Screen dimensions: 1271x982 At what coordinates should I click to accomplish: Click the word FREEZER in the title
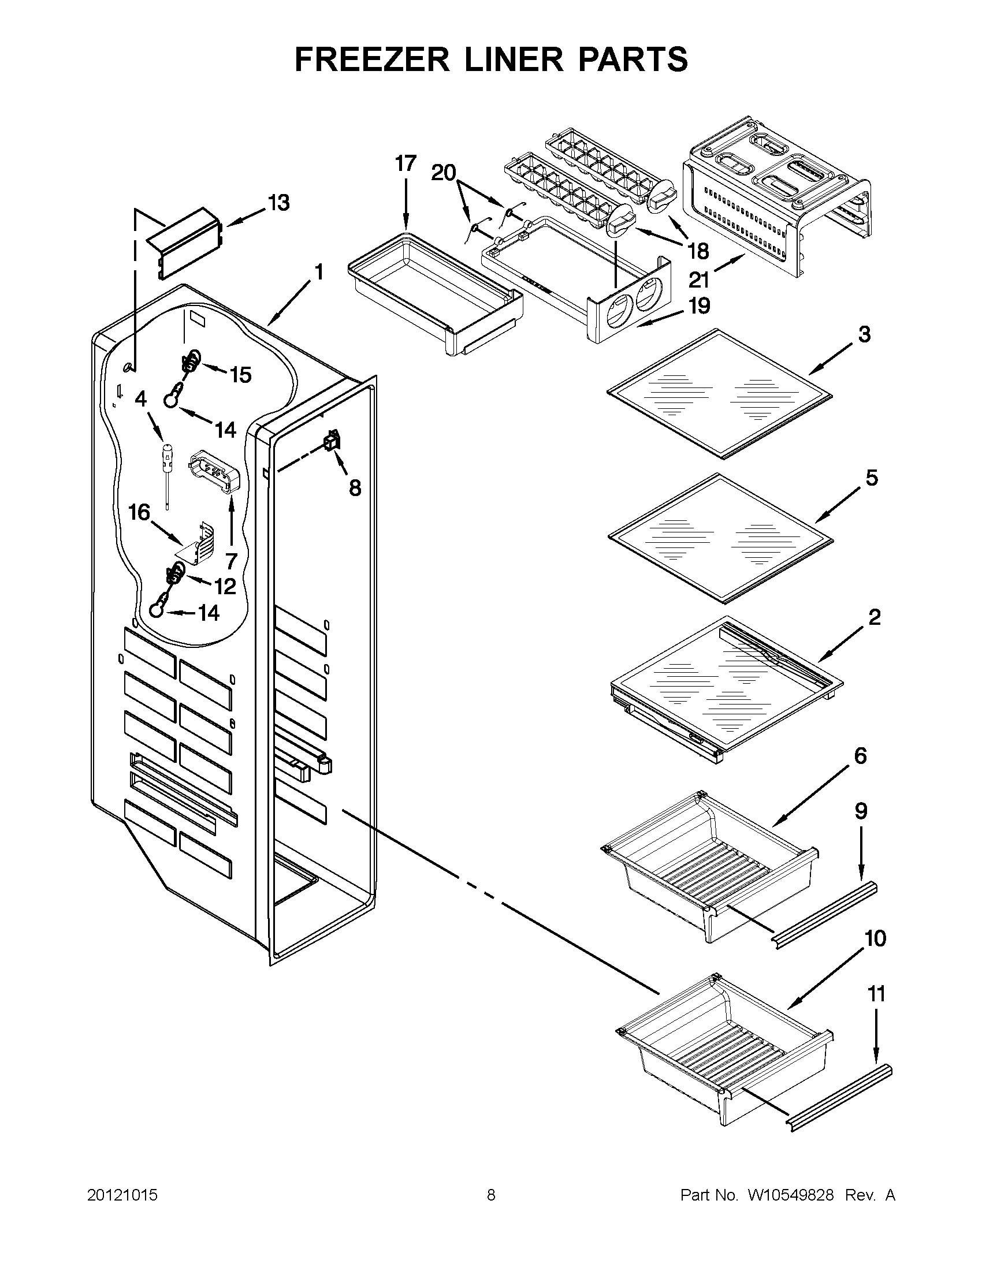tap(372, 59)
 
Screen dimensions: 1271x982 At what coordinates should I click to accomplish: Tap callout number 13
tap(278, 203)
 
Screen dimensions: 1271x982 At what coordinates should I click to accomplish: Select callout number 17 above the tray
tap(406, 163)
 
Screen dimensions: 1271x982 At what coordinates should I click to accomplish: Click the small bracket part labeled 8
tap(332, 442)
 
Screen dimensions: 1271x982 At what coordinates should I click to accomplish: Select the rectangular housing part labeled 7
tap(213, 471)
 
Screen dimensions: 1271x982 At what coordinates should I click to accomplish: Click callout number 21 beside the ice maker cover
tap(698, 280)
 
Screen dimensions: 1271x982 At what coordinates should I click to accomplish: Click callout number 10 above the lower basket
tap(876, 938)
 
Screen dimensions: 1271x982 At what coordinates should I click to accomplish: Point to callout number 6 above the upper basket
tap(860, 756)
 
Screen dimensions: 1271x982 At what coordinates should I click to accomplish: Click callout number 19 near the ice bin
tap(699, 305)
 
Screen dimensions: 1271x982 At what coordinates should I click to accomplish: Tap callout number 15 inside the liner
tap(240, 375)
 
